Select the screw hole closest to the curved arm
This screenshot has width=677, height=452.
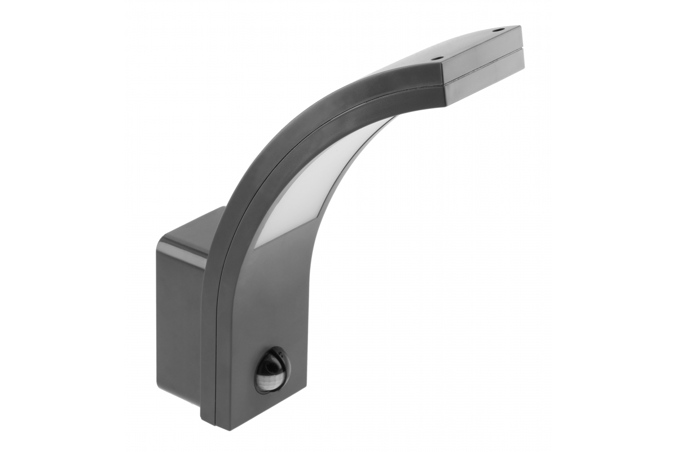coord(436,57)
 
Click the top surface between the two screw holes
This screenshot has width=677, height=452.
coord(468,44)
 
